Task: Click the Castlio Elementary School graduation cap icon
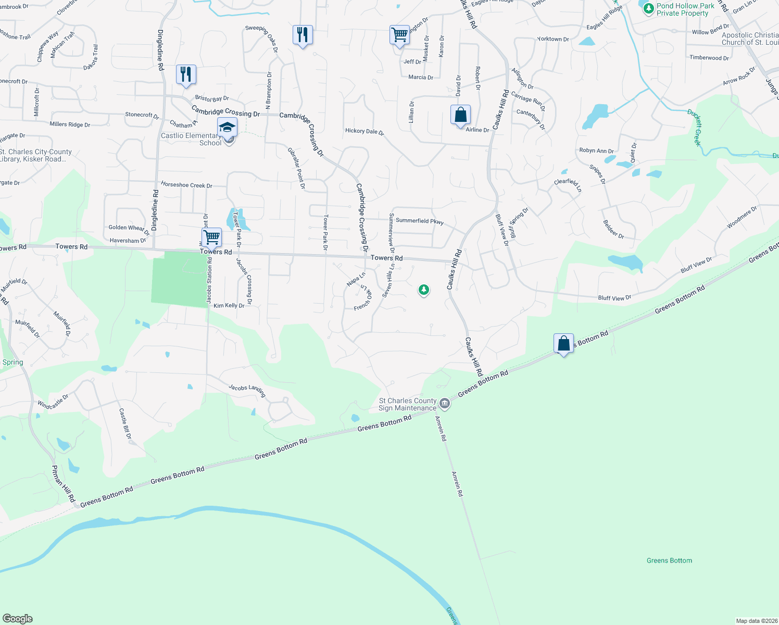227,127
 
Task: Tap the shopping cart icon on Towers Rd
211,238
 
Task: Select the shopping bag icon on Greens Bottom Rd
563,343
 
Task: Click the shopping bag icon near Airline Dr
460,115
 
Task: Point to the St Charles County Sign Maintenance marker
445,403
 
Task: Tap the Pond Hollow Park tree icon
648,9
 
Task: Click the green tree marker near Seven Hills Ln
424,289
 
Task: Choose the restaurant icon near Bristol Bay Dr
186,74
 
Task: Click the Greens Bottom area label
669,560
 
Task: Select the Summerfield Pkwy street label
420,221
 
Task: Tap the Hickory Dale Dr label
364,131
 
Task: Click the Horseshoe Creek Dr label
186,185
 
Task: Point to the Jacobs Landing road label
247,390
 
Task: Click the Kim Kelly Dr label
229,306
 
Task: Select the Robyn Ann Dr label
596,151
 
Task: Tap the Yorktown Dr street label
553,39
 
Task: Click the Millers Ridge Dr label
70,124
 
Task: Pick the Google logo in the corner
17,619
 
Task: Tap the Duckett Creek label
695,128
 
